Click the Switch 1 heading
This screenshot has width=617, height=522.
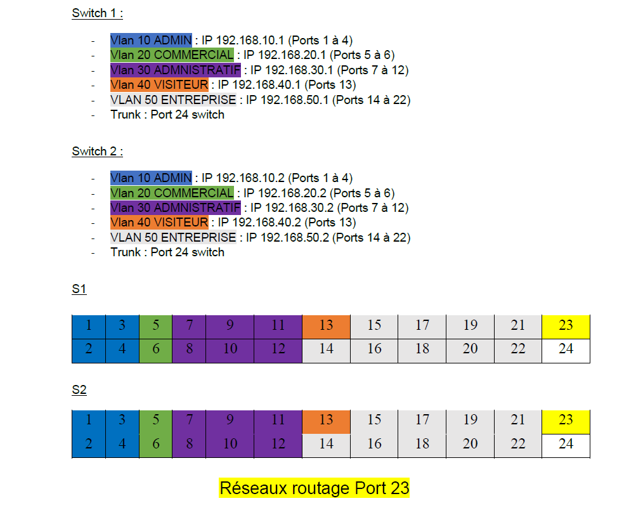[x=97, y=13]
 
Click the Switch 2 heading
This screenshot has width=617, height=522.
[x=97, y=151]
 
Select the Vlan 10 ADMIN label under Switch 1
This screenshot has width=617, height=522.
[x=151, y=40]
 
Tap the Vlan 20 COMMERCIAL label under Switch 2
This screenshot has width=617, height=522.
[x=172, y=193]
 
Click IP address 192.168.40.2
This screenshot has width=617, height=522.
[x=266, y=223]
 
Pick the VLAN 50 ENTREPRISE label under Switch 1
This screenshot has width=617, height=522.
[x=173, y=100]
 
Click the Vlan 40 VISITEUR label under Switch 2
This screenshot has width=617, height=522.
[x=159, y=223]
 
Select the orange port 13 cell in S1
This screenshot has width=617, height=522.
[x=326, y=327]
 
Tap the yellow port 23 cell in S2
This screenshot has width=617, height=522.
[x=566, y=422]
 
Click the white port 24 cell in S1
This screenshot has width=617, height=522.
[x=566, y=351]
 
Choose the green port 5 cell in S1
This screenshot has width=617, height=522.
[x=156, y=327]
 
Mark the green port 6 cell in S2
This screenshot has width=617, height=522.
[x=156, y=446]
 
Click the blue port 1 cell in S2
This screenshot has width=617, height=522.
[x=89, y=422]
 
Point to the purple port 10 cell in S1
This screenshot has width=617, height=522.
[x=230, y=351]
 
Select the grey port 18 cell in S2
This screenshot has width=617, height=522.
[x=422, y=446]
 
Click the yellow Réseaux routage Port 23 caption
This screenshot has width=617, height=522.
[x=315, y=488]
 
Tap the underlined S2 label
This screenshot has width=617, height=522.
[x=79, y=389]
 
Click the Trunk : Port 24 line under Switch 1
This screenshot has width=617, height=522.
[x=167, y=115]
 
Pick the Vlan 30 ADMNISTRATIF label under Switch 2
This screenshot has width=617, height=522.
[x=176, y=207]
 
